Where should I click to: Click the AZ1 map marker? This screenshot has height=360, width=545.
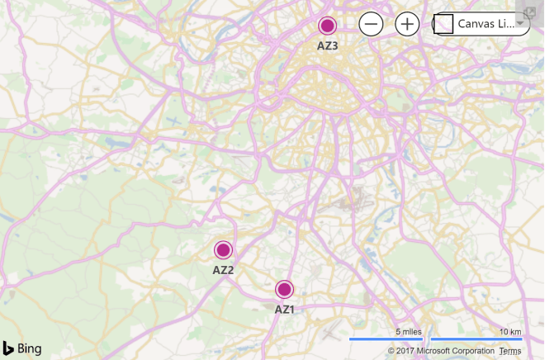pyautogui.click(x=285, y=289)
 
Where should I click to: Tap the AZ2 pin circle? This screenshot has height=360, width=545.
pyautogui.click(x=223, y=249)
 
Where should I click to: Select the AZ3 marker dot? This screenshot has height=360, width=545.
pyautogui.click(x=328, y=26)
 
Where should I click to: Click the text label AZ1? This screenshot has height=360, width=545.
pyautogui.click(x=285, y=310)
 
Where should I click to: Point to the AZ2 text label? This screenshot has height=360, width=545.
pyautogui.click(x=223, y=270)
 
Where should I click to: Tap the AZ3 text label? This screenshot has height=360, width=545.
pyautogui.click(x=328, y=46)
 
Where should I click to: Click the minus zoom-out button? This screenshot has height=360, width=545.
pyautogui.click(x=371, y=24)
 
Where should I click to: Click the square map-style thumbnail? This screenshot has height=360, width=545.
pyautogui.click(x=444, y=25)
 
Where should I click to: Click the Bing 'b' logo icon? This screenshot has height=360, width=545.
pyautogui.click(x=8, y=347)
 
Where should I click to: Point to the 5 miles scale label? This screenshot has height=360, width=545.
pyautogui.click(x=409, y=332)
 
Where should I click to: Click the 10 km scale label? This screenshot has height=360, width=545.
pyautogui.click(x=509, y=332)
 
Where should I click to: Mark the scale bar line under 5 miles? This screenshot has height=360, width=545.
pyautogui.click(x=386, y=339)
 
